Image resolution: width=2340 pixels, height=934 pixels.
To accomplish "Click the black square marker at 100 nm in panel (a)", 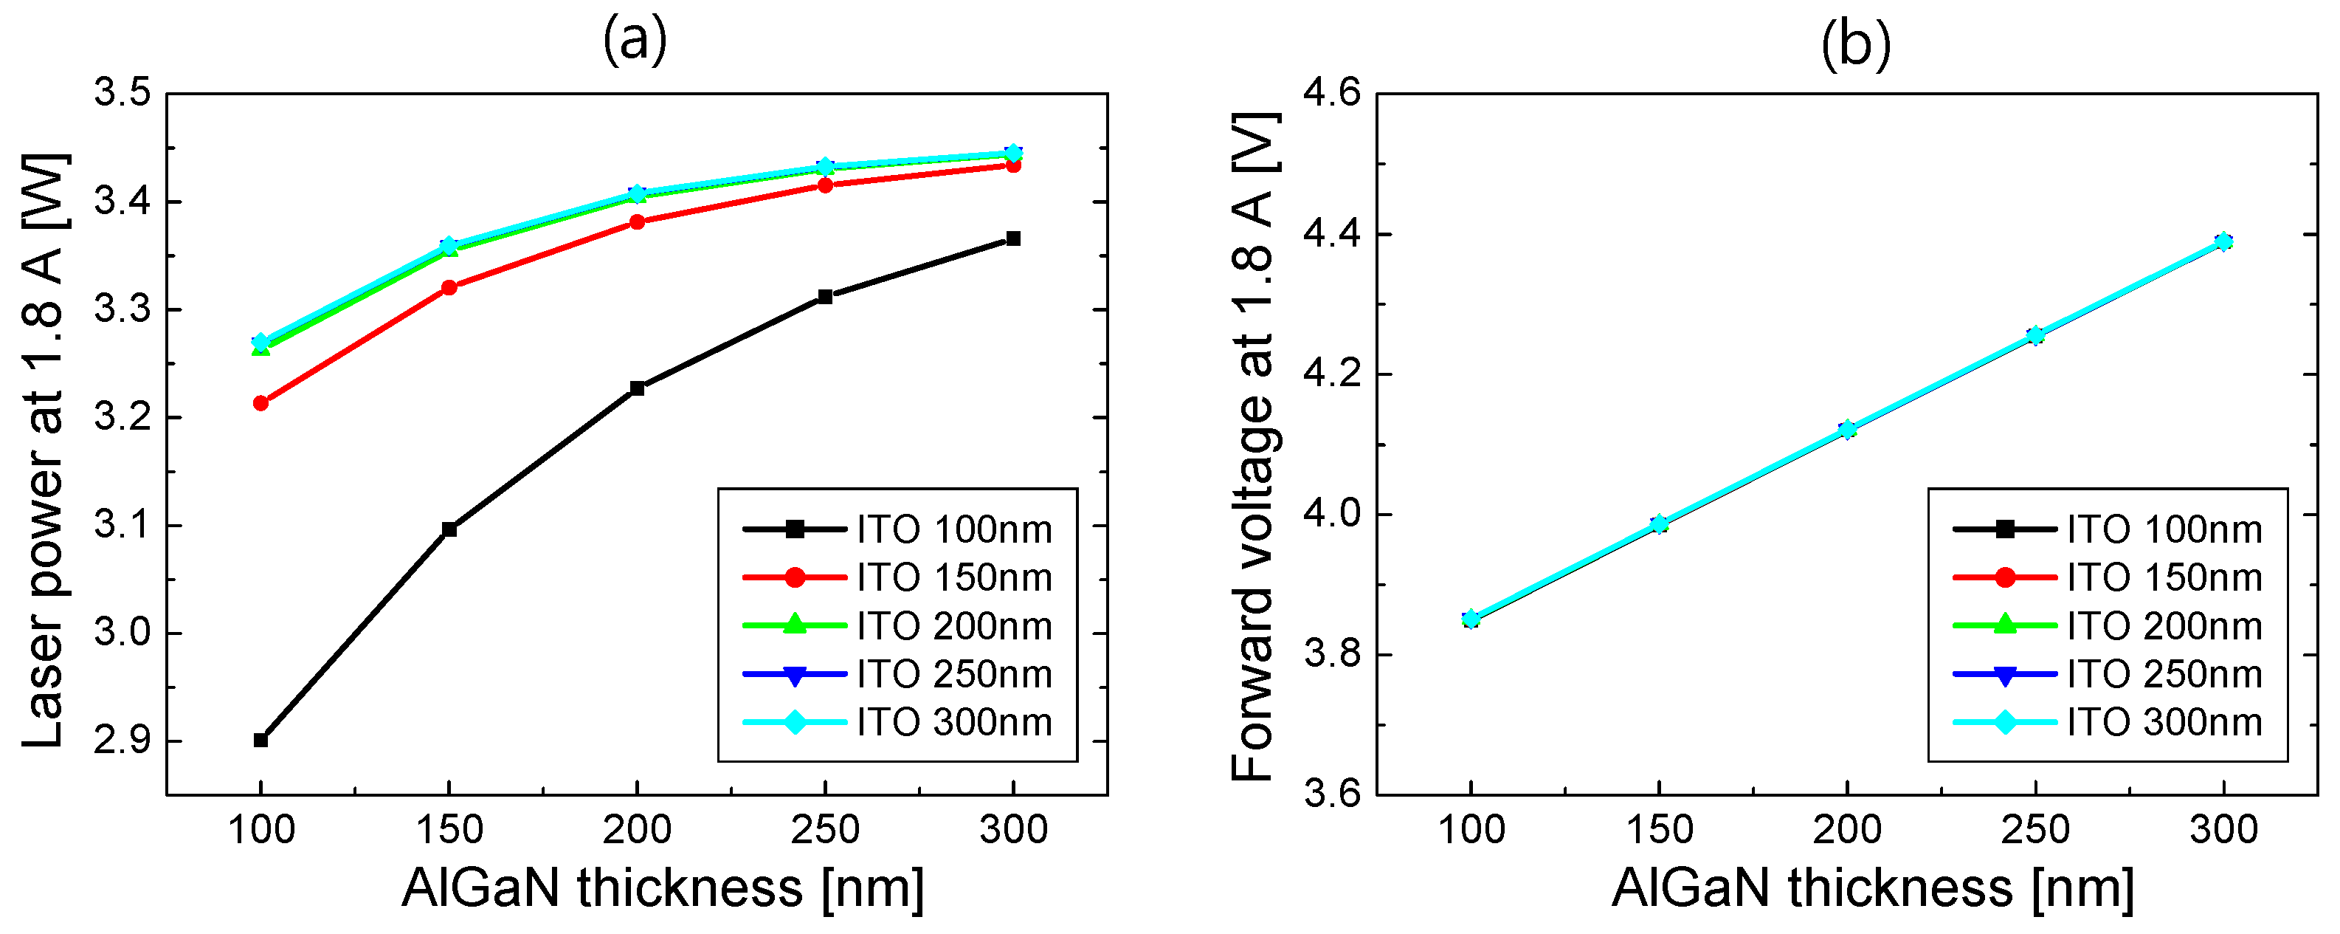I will coord(260,740).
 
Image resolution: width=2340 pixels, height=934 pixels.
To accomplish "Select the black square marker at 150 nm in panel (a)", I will coord(449,529).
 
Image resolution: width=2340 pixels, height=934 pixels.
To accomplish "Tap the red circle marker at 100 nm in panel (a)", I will coord(260,402).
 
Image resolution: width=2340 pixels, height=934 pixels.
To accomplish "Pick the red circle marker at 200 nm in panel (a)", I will coord(637,222).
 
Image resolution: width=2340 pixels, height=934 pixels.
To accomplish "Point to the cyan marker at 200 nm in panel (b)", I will coord(1847,429).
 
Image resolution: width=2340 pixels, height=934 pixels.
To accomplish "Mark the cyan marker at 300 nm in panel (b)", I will coord(2223,241).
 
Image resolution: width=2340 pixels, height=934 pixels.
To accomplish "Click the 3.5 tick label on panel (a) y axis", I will coord(122,93).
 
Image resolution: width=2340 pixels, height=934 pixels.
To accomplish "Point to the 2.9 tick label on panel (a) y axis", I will coord(122,741).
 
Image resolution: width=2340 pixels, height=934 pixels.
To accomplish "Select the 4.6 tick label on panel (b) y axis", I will coord(1332,93).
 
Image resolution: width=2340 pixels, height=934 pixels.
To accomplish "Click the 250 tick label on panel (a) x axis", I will coord(825,829).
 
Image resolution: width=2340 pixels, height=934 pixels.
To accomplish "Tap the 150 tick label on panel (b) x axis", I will coord(1659,829).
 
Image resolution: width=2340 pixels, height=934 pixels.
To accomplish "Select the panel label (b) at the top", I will coord(1856,44).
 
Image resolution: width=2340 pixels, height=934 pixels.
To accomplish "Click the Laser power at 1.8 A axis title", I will coord(44,450).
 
